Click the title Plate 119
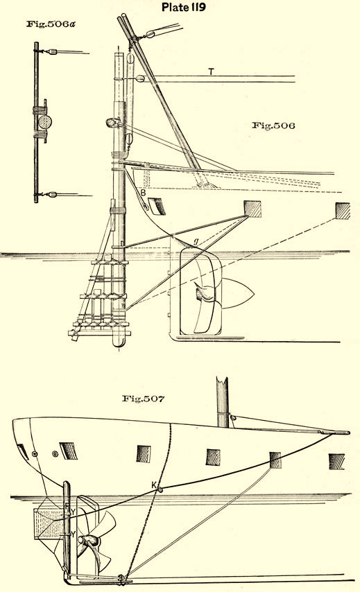point(184,7)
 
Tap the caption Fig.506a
point(51,24)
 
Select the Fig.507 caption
point(143,399)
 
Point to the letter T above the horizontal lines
point(211,71)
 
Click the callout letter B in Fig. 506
point(143,193)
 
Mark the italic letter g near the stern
point(196,243)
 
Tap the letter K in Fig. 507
point(154,485)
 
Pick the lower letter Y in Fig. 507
point(74,534)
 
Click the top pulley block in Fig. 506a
point(52,52)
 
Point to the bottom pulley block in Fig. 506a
point(52,195)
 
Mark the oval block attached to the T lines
point(139,78)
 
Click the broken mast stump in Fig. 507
point(223,402)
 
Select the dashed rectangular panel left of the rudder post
point(48,523)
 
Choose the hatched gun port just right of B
point(156,206)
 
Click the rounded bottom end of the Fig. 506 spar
point(119,340)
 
